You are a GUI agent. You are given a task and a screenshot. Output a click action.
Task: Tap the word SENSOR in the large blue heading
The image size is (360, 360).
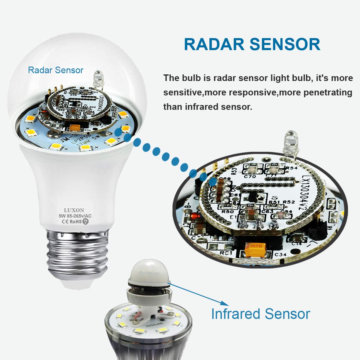pyautogui.click(x=285, y=44)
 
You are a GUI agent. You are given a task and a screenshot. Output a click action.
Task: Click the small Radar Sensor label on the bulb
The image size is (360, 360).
pyautogui.click(x=55, y=70)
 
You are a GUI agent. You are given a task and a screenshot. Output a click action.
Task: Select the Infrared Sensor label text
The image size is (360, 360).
pyautogui.click(x=260, y=314)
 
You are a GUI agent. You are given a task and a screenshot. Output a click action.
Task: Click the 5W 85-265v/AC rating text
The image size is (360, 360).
pyautogui.click(x=75, y=216)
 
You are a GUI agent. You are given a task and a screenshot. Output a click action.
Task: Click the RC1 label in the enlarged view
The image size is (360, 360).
pyautogui.click(x=229, y=253)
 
